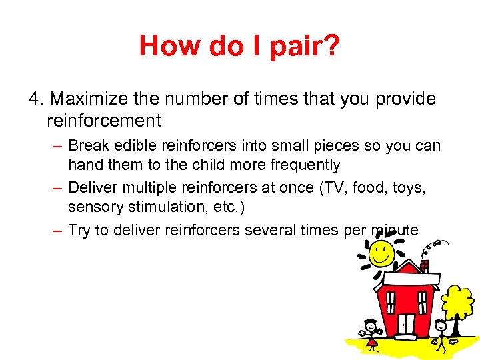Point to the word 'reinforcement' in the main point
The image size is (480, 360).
[104, 121]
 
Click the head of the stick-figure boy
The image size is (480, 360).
[441, 326]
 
